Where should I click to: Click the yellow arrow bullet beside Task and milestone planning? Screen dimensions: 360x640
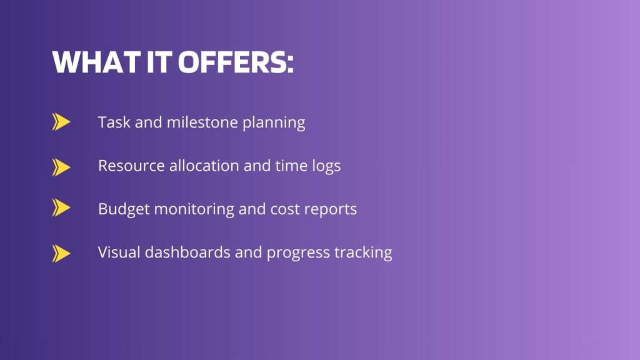tap(61, 122)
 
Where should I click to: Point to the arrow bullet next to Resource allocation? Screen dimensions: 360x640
tap(61, 167)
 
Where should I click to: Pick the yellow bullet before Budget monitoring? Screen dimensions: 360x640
tap(61, 208)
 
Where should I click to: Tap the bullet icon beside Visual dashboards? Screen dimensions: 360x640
tap(61, 253)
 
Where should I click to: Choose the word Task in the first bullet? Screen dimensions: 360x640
tap(114, 122)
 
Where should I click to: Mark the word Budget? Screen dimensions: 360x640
tap(124, 209)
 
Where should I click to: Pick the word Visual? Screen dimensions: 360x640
tap(119, 252)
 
